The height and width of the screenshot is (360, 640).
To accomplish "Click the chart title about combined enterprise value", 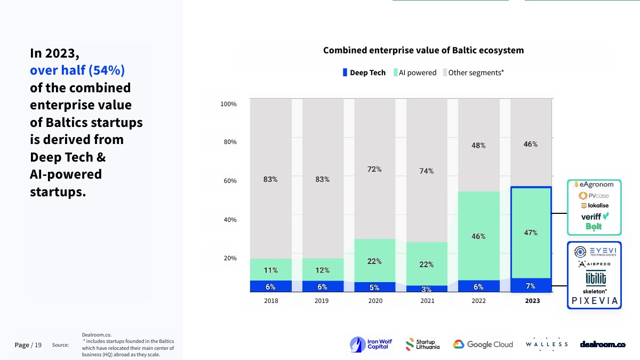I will pos(423,51).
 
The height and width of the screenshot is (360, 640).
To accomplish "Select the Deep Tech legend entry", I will pos(364,73).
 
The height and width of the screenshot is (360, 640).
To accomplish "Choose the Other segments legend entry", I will pos(473,73).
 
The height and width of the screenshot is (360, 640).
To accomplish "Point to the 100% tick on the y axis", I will pos(228,104).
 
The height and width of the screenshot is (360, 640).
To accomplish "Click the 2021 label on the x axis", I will pos(427,301).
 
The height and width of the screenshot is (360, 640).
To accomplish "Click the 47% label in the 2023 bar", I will pos(531,233).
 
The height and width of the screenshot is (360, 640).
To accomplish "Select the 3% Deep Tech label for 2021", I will pos(426,290).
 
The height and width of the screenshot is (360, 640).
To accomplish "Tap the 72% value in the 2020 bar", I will pos(374,169).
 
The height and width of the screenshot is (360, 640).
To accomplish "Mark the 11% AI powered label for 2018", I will pos(270,270).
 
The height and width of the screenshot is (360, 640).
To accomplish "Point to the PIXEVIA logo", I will pos(595,301).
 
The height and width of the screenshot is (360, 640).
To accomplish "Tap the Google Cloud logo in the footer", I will pos(483,345).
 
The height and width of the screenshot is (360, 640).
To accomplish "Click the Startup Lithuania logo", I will pos(422,345).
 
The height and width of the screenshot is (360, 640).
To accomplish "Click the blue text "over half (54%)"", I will pos(77,70).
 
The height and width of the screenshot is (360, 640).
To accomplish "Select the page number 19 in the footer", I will pos(38,345).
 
